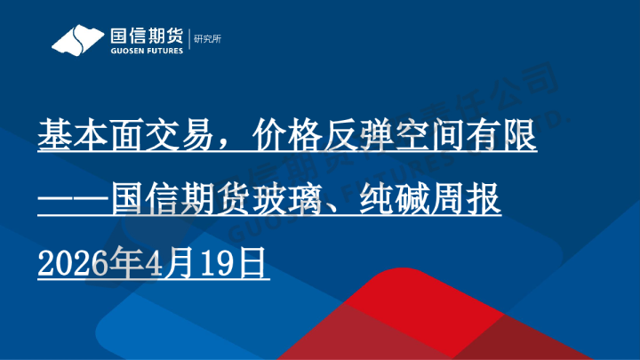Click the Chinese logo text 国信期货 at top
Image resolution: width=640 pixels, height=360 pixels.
coord(146,36)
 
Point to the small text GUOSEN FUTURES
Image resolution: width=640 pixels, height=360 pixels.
coord(146,52)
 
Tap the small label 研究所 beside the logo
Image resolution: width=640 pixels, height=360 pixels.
coord(209,39)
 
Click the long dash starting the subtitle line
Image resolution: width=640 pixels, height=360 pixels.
coord(75,200)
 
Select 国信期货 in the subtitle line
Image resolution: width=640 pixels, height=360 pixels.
coord(183,200)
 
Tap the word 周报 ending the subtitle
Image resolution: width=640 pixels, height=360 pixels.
coord(467,200)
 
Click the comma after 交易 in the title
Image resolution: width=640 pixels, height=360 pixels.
coord(228,148)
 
